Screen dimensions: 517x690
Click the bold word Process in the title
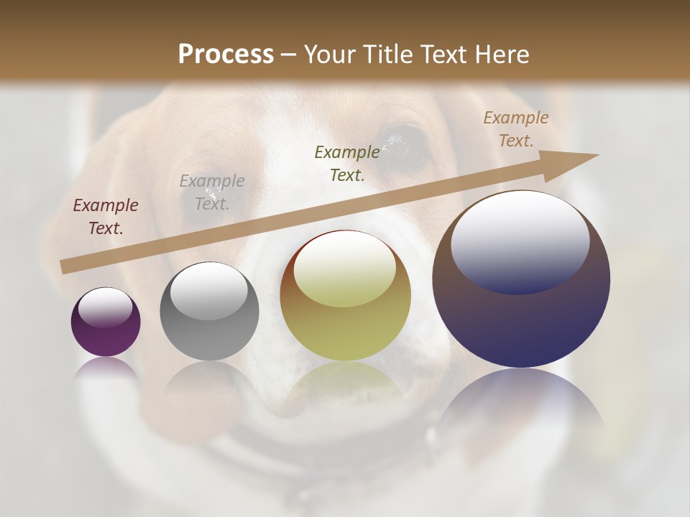pos(226,55)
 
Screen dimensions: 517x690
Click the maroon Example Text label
pos(106,216)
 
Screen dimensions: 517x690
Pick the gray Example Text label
pos(211,192)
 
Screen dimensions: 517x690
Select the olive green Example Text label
pos(347,163)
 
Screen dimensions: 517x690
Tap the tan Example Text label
pos(515,129)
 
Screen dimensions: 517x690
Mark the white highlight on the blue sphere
pos(520,241)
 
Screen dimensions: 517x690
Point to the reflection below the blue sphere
pos(521,409)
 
